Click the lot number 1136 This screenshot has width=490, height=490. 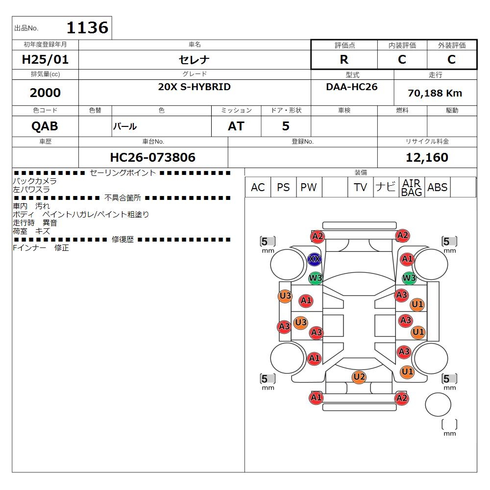click(x=88, y=27)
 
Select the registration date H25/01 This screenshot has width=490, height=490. click(x=45, y=59)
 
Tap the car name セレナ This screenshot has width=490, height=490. click(x=194, y=59)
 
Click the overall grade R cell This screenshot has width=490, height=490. click(x=344, y=59)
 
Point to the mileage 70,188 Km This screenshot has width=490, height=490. click(x=435, y=93)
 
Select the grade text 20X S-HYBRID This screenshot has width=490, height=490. click(x=194, y=87)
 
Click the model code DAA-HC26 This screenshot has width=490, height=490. click(x=352, y=87)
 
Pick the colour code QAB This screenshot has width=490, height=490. click(x=45, y=126)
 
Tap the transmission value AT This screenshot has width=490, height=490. click(x=236, y=126)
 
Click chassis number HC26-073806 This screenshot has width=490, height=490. click(x=153, y=157)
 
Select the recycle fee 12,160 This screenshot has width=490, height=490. click(x=427, y=157)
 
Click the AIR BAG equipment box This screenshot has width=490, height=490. click(x=412, y=187)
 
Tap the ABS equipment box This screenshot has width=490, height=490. click(x=438, y=187)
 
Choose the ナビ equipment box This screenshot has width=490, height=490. click(x=386, y=187)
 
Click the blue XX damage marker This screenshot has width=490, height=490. click(x=315, y=259)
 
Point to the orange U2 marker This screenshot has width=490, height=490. click(x=359, y=377)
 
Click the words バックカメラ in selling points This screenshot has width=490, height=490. click(x=35, y=181)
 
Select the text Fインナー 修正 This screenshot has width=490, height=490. click(x=41, y=248)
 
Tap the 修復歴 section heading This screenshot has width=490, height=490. click(x=122, y=240)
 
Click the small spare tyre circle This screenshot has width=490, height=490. click(x=438, y=404)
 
